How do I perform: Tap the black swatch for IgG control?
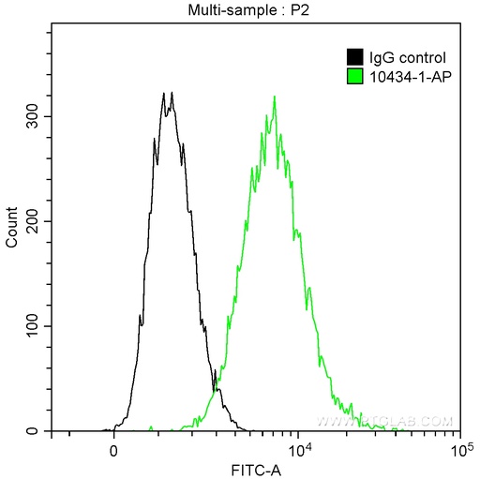click(x=355, y=57)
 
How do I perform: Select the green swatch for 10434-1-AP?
click(x=355, y=75)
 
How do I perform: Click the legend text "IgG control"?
click(x=402, y=57)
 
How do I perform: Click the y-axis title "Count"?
click(x=12, y=228)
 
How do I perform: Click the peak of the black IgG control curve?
click(x=163, y=93)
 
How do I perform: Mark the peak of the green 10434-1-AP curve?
click(x=274, y=96)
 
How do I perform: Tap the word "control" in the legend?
click(x=413, y=57)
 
